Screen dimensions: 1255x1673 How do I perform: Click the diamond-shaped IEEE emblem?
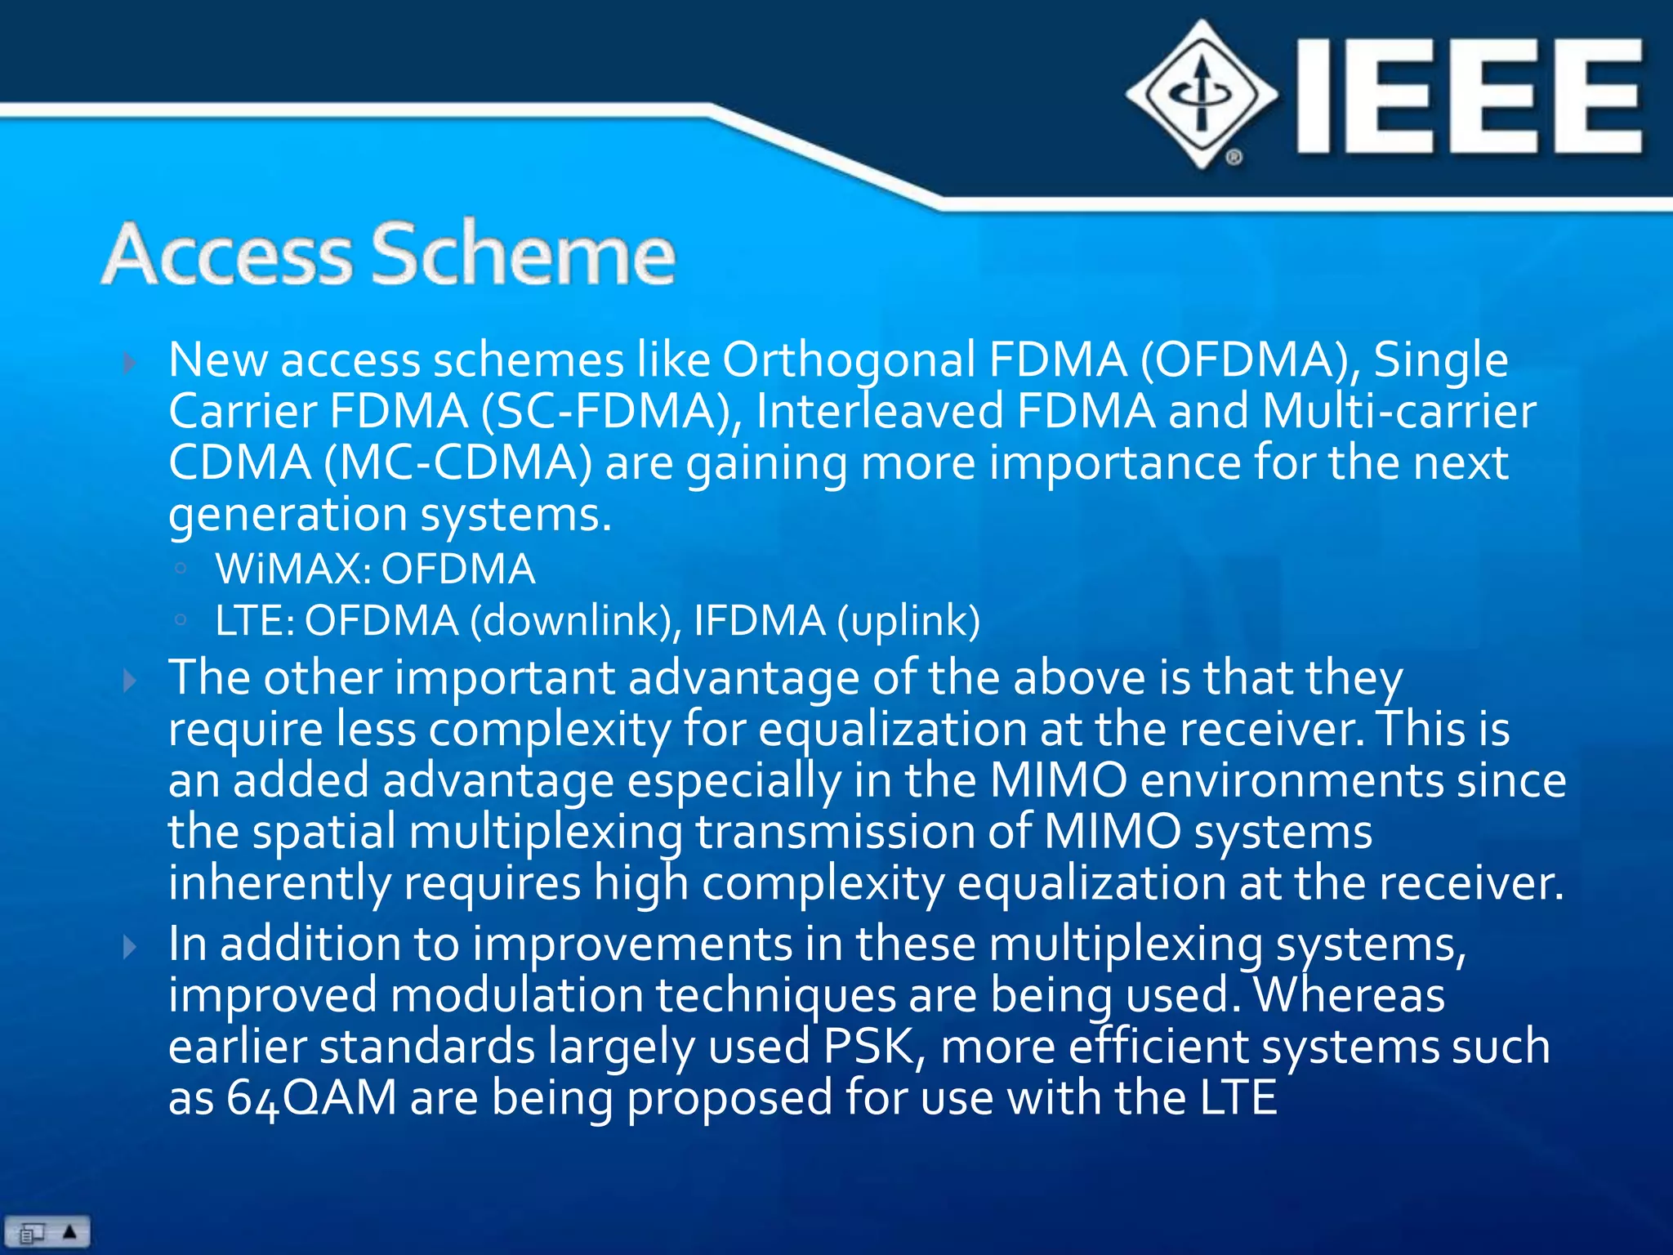[x=1202, y=94]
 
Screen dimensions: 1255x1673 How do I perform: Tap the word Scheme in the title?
[x=524, y=254]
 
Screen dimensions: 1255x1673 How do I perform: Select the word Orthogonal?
[x=850, y=360]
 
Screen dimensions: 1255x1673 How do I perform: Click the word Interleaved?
[x=879, y=411]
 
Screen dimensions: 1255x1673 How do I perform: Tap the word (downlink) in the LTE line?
[x=576, y=620]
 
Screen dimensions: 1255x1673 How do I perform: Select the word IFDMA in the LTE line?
[x=759, y=620]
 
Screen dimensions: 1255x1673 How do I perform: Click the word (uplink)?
[x=908, y=620]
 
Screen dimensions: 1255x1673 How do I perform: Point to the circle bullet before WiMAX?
[x=181, y=569]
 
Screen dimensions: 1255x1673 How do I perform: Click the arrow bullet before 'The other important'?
[x=129, y=680]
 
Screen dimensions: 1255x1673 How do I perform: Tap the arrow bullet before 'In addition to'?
[x=129, y=947]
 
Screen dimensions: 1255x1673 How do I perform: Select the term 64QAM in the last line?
[x=311, y=1097]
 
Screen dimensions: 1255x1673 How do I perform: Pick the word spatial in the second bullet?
[x=323, y=832]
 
